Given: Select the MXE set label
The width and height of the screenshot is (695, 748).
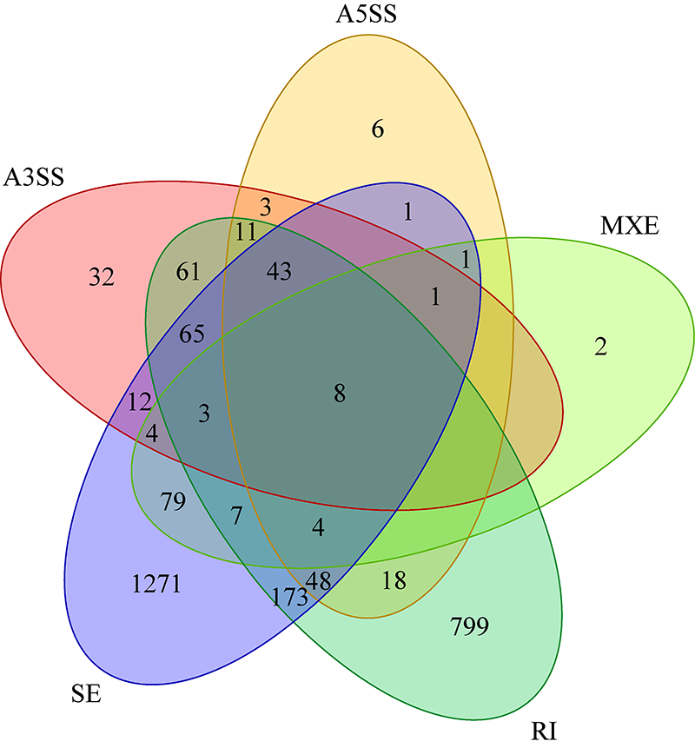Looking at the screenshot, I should (x=630, y=228).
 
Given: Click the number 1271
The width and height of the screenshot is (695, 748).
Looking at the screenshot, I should (x=157, y=584).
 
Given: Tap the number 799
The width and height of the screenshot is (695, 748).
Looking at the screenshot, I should (x=470, y=624).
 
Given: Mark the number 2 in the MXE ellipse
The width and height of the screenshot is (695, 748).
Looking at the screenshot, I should (x=599, y=348).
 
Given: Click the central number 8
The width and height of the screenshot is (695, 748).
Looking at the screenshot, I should (x=340, y=394).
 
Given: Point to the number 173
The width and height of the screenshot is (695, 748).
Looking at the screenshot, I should (x=288, y=597).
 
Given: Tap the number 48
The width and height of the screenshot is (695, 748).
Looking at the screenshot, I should (x=319, y=581).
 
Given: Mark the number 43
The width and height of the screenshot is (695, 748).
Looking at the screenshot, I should (x=279, y=272).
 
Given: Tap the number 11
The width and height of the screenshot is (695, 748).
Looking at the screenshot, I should (x=246, y=232).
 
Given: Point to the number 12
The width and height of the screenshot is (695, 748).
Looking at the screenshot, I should (x=139, y=402).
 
